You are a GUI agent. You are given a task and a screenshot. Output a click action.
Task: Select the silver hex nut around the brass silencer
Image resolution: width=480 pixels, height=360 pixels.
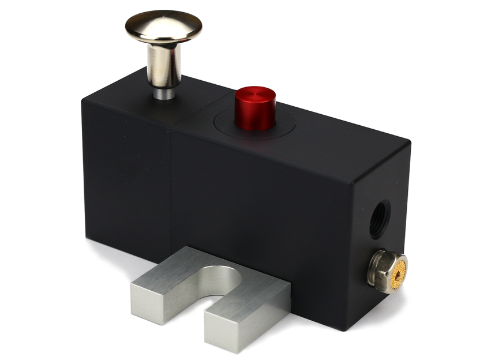pos(384,267)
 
